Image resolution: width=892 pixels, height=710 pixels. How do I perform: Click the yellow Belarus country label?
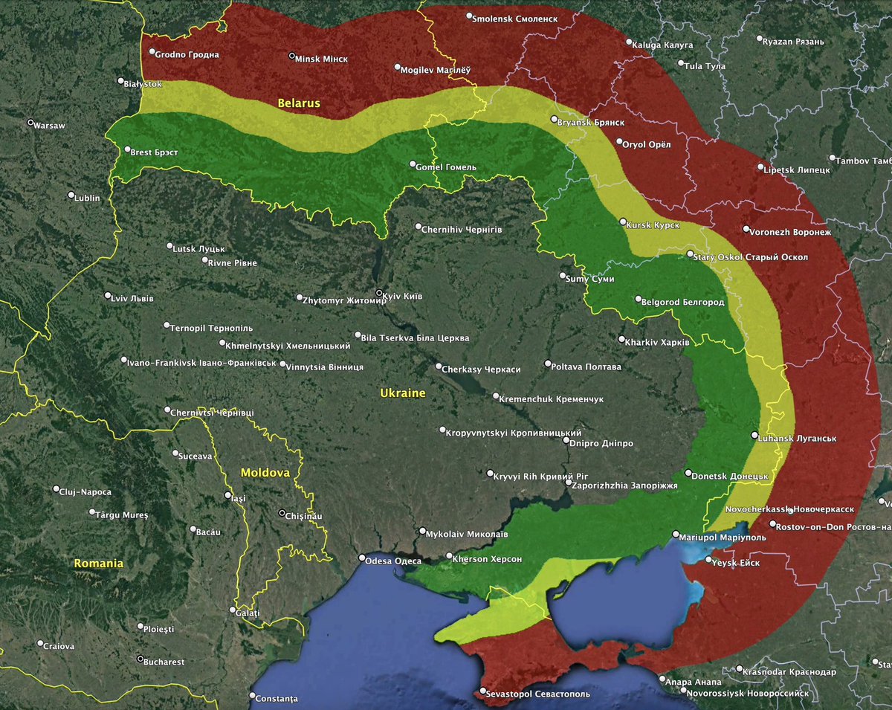pos(299,103)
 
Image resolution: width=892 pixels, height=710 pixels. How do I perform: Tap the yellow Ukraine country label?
pos(402,393)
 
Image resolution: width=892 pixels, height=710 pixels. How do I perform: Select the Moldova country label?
pos(265,472)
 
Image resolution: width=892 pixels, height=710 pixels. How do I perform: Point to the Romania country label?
pos(98,564)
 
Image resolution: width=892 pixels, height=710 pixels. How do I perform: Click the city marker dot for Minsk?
pos(291,57)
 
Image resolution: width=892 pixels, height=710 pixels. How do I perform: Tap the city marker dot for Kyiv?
pos(380,293)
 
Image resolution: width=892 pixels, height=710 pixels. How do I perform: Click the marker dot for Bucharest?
pos(140,659)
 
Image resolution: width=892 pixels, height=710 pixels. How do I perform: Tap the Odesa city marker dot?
pos(362,558)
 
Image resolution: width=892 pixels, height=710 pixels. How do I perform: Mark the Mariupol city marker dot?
pos(675,534)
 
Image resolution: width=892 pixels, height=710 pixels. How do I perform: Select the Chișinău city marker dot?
pos(282,513)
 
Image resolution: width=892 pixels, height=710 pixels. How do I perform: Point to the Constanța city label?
pos(276,699)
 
